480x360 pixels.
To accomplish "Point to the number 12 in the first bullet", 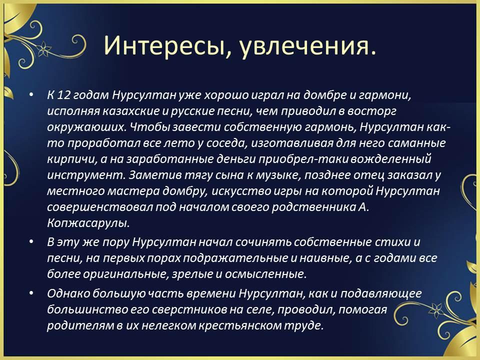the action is (x=64, y=95).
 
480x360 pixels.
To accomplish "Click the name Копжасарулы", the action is (x=88, y=223).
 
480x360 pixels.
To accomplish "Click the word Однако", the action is (x=68, y=293).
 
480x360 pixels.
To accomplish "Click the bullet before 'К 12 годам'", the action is (x=31, y=95).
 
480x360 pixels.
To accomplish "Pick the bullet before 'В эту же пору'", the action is (x=31, y=242).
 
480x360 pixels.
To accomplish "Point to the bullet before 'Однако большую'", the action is (x=31, y=293).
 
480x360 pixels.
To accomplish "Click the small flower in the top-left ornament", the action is (x=44, y=48).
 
